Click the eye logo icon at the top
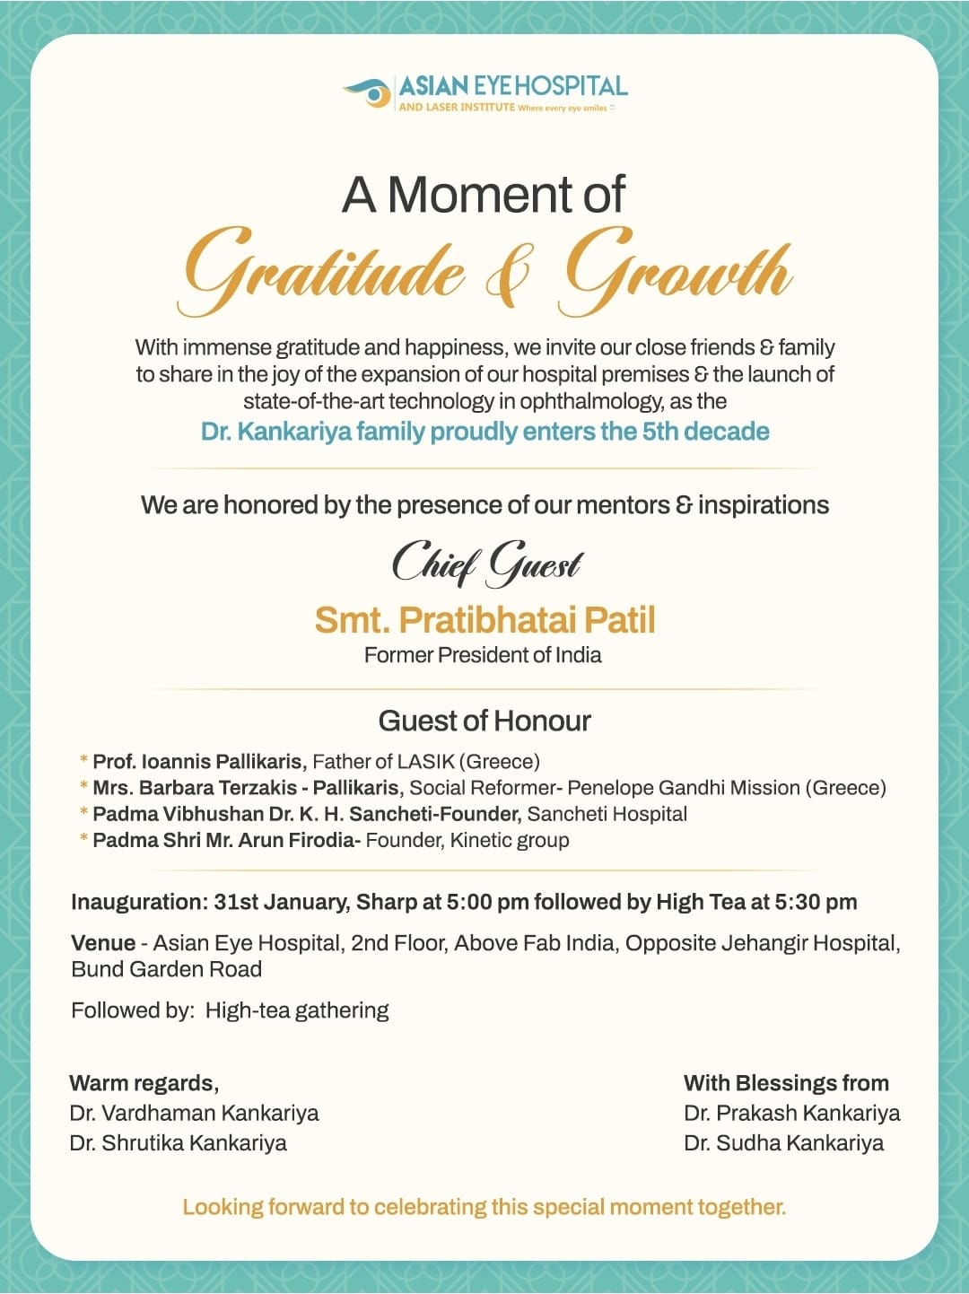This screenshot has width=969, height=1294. [x=369, y=92]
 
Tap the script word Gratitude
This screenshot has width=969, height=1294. [x=324, y=267]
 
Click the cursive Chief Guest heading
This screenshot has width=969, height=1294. [x=487, y=564]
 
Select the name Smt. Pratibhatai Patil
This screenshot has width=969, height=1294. [x=484, y=620]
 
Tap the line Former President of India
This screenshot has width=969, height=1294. [x=483, y=655]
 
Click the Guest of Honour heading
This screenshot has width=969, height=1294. [x=484, y=721]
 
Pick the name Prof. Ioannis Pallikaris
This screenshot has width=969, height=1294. [x=197, y=762]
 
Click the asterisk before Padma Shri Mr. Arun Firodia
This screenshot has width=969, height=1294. [x=84, y=841]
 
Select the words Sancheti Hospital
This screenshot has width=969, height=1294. [x=607, y=814]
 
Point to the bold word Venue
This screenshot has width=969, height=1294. [x=103, y=943]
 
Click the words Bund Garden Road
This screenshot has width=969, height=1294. [x=167, y=969]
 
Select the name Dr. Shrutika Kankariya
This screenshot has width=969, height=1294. [x=179, y=1143]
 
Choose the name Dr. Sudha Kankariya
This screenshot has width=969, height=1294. [x=783, y=1143]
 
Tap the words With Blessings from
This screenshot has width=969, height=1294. [x=786, y=1083]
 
